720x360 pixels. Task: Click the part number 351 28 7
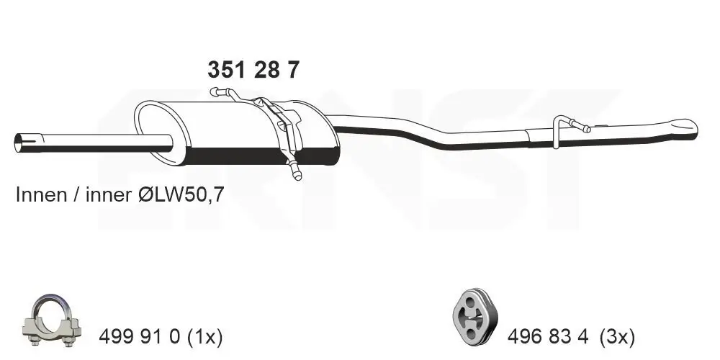point(253,70)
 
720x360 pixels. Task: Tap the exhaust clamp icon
point(55,318)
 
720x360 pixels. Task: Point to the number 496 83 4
point(549,336)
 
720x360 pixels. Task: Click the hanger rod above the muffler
point(225,92)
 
